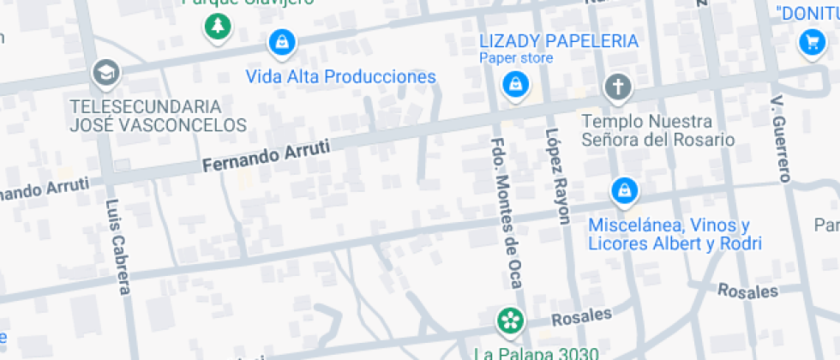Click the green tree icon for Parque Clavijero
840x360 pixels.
pos(219,26)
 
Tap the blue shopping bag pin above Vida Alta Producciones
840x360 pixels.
pos(281,40)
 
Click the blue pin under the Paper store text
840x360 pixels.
pos(514,84)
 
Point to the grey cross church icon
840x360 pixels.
pos(617,87)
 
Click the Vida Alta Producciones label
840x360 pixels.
pos(340,77)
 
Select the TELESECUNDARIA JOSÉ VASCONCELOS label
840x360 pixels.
pos(159,116)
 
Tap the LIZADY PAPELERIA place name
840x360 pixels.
pos(559,41)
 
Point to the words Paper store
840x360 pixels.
pos(516,58)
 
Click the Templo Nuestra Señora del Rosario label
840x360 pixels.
pos(657,129)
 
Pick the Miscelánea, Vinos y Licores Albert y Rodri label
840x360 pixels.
pos(675,234)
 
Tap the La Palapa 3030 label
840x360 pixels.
pos(536,352)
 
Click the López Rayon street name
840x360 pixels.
pos(557,176)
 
